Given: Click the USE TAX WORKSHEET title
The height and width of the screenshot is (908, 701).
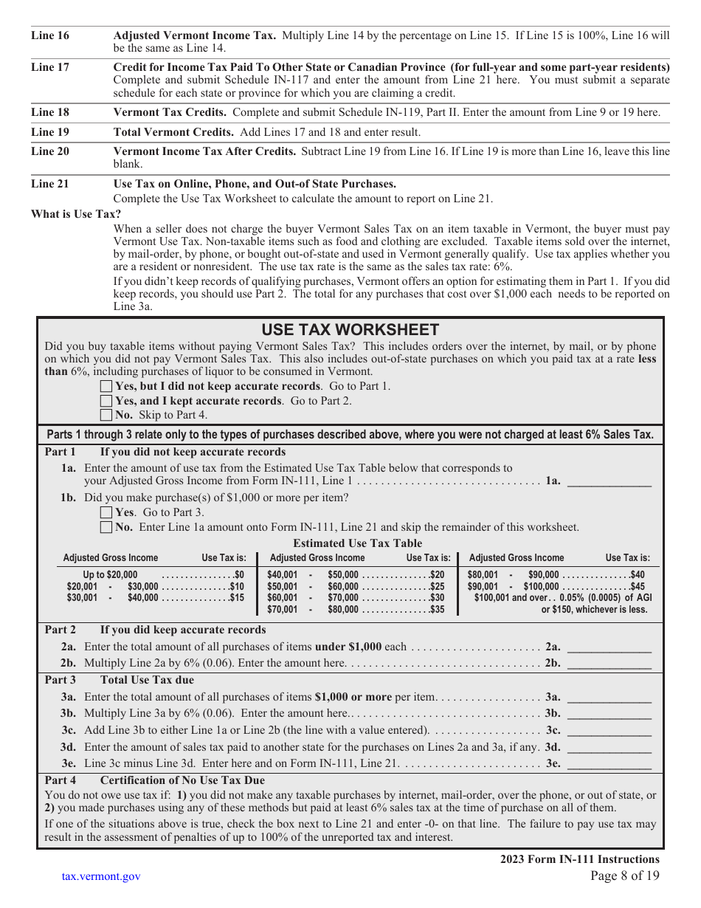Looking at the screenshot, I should [x=350, y=330].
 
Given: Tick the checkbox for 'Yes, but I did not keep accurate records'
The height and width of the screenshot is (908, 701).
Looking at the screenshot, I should [x=106, y=386].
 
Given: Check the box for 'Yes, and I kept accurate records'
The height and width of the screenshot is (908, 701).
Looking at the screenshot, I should [x=106, y=401].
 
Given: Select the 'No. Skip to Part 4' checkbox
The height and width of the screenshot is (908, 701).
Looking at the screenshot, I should [x=106, y=415].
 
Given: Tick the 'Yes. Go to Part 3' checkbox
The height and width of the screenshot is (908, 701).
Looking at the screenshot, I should [x=106, y=512].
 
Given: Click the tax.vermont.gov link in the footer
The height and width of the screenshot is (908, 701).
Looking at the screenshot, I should [x=101, y=876].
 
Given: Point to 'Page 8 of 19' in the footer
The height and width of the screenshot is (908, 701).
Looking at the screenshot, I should [x=625, y=876].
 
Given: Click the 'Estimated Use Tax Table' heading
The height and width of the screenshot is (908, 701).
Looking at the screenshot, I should [x=358, y=543].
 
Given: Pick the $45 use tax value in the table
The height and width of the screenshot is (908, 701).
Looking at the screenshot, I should [x=637, y=586].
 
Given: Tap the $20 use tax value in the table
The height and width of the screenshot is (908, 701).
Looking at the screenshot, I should [x=438, y=574].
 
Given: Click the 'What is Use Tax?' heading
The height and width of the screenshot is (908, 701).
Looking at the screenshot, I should [x=76, y=214].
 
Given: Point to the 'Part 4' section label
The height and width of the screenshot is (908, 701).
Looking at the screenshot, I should [x=61, y=780].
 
